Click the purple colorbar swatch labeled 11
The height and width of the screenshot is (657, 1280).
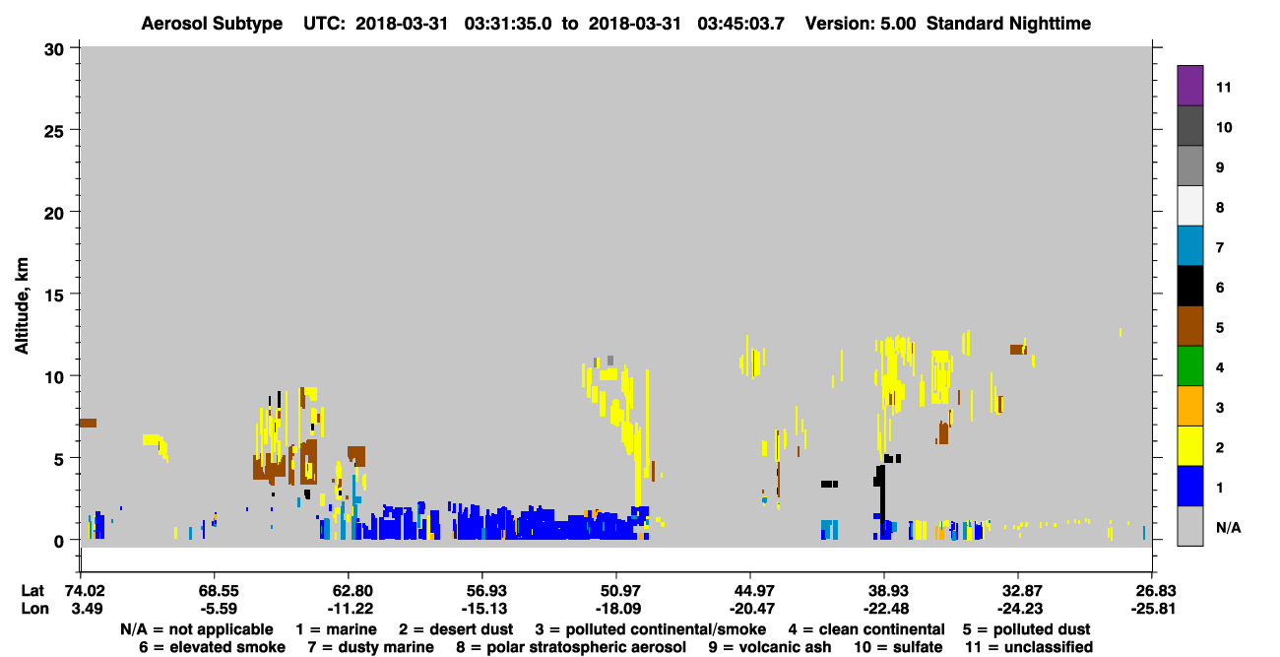coord(1189,85)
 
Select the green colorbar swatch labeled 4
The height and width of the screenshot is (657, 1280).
coord(1189,366)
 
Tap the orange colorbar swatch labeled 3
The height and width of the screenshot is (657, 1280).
coord(1189,406)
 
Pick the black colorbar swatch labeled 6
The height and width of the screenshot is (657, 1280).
coord(1189,286)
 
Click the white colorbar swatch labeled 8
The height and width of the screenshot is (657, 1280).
coord(1189,206)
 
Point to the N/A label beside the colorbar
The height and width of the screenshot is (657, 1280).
coord(1228,527)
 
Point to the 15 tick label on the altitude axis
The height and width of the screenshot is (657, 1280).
coord(54,296)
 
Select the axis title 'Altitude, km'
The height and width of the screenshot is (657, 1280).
coord(21,306)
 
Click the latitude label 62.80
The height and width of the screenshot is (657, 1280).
coord(350,591)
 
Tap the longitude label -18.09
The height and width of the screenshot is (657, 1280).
coord(617,609)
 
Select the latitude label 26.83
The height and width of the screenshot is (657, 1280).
coord(1153,591)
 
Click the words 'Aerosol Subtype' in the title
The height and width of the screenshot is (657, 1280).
coord(212,24)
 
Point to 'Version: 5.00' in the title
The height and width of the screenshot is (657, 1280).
coord(861,24)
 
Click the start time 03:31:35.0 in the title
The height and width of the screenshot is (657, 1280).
coord(508,24)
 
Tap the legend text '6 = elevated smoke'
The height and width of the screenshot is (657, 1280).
coord(212,647)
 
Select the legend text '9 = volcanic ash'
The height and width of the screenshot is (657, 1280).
coord(770,647)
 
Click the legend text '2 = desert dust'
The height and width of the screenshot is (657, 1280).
coord(456,629)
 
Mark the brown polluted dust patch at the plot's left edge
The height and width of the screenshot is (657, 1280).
coord(88,424)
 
